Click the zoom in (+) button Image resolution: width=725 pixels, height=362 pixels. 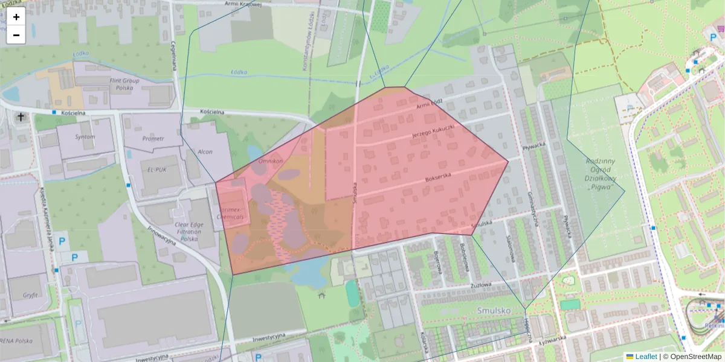pyautogui.click(x=16, y=17)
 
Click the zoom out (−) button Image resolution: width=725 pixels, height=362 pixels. pyautogui.click(x=16, y=35)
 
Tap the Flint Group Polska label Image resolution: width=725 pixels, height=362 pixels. pyautogui.click(x=124, y=84)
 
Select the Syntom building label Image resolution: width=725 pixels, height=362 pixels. pyautogui.click(x=85, y=137)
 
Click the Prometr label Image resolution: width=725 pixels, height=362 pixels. pyautogui.click(x=153, y=139)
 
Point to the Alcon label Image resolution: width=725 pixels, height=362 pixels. pyautogui.click(x=205, y=151)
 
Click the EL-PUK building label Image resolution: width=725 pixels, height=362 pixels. pyautogui.click(x=157, y=170)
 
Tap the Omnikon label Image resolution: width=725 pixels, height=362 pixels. pyautogui.click(x=270, y=162)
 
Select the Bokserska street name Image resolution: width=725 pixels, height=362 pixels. pyautogui.click(x=439, y=176)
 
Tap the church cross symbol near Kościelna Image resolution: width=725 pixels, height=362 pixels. pyautogui.click(x=21, y=116)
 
